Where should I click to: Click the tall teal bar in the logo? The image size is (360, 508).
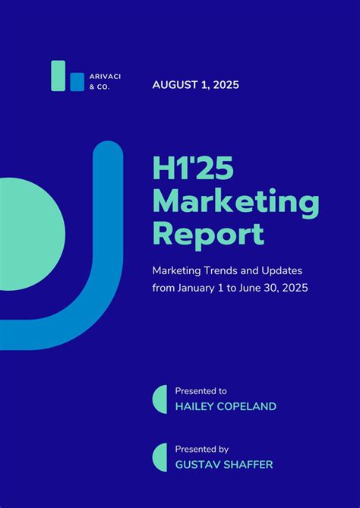[58, 76]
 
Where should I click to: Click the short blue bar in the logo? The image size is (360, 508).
[77, 82]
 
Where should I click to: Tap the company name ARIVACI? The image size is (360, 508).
[105, 77]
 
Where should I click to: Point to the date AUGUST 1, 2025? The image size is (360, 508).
[195, 85]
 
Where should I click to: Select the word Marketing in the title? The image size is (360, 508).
[235, 203]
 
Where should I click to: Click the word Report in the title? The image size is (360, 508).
[208, 233]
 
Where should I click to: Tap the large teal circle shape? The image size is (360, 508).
[27, 233]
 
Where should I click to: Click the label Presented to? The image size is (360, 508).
[201, 390]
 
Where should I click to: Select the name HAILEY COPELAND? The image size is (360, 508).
[226, 406]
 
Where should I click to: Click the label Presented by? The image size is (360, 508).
[201, 449]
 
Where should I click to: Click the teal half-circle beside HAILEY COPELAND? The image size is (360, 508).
[161, 399]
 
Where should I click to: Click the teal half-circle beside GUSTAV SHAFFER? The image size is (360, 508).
[161, 457]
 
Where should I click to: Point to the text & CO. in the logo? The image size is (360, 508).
[99, 88]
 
